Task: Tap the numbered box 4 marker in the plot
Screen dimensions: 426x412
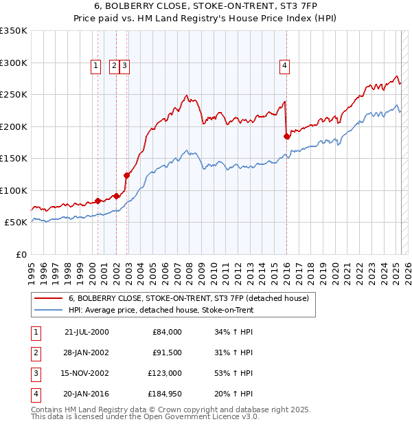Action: [284, 66]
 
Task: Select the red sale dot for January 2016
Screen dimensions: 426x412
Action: [287, 137]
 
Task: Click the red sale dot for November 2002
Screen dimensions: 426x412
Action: [127, 175]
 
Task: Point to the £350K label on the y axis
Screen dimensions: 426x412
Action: [13, 31]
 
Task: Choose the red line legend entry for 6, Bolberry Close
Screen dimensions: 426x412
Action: [189, 298]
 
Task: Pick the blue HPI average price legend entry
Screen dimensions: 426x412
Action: [161, 310]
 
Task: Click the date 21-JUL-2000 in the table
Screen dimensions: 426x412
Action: [87, 332]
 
